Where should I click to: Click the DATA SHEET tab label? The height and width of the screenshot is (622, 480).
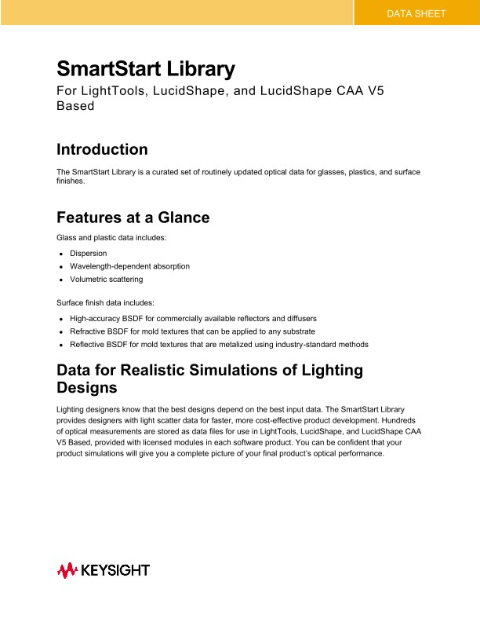point(416,13)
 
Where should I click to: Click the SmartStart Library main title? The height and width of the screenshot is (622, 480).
point(146,69)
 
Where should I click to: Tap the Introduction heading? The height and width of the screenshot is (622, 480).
point(102,149)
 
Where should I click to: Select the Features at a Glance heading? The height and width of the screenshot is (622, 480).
point(133,218)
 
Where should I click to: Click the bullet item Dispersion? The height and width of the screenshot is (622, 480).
point(88,254)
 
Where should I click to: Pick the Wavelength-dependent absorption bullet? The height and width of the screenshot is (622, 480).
point(129,266)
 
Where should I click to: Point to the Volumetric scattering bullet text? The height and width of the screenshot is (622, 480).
point(106,279)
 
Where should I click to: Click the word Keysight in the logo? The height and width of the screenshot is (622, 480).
point(115,570)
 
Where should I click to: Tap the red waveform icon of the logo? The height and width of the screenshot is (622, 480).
point(67,570)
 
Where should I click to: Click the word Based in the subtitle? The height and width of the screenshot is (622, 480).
point(75,105)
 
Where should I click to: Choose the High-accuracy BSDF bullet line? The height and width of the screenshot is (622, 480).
point(193,319)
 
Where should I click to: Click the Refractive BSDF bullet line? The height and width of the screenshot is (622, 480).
point(192,331)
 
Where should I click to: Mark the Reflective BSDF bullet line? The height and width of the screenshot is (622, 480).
point(219,344)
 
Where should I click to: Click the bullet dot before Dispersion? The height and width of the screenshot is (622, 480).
point(60,254)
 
